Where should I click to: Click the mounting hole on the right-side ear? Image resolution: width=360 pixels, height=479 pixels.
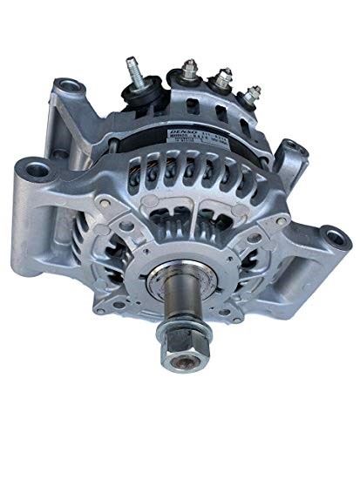pyautogui.click(x=333, y=236)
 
